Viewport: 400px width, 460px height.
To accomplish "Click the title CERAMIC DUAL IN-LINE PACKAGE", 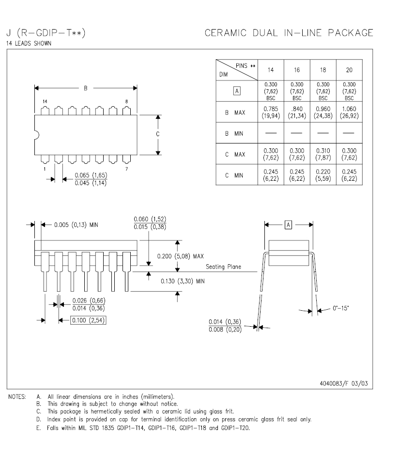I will [x=289, y=33].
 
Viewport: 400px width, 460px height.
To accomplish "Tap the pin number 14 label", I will [x=45, y=101].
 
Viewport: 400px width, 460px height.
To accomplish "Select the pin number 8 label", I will [x=127, y=101].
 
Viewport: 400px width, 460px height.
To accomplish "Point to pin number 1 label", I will [x=45, y=169].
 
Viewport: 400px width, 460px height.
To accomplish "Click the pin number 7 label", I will [x=127, y=169].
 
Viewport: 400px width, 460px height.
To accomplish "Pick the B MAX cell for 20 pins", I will [x=349, y=112].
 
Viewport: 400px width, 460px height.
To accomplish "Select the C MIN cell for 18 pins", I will [x=323, y=175].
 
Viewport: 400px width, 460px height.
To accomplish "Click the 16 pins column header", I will [x=297, y=70].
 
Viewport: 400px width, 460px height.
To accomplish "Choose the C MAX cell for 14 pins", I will [x=270, y=154].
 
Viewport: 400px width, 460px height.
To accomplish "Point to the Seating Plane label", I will [x=223, y=267].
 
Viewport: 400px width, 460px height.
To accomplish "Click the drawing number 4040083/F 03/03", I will [x=343, y=383].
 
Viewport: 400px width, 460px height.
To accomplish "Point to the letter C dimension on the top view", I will [x=158, y=135].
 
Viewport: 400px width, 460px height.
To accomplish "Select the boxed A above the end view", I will [x=288, y=225].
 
